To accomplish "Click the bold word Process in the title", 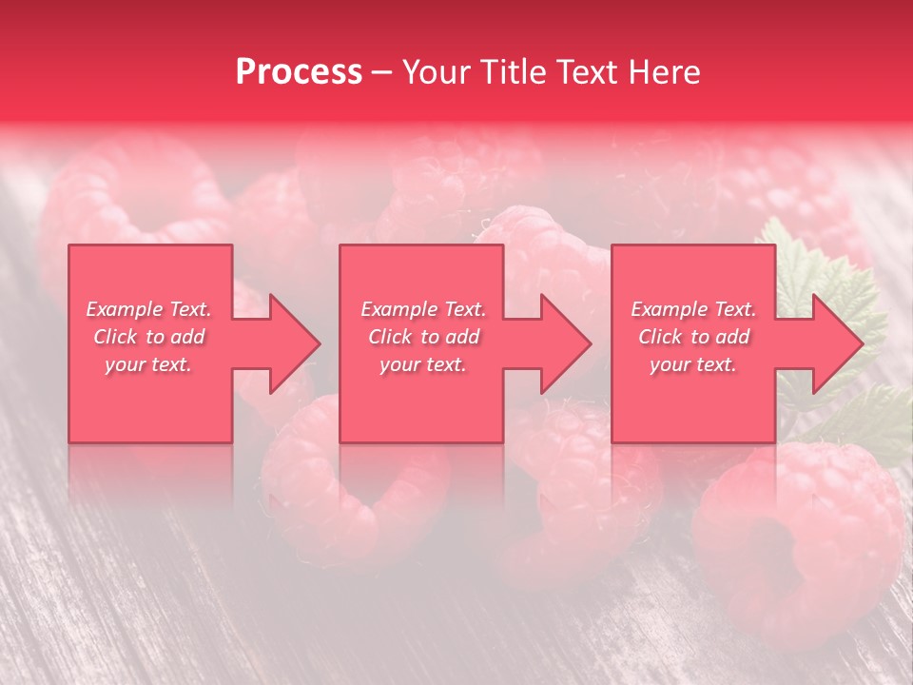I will tap(299, 72).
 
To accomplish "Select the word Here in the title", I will tap(665, 72).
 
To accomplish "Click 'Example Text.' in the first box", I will tap(149, 309).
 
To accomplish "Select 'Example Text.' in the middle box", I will tap(423, 309).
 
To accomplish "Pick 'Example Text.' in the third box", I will tap(693, 309).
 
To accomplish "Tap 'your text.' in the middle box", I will tap(423, 364).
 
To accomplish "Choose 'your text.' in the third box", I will tap(693, 364).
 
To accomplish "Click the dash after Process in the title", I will tap(381, 72).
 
